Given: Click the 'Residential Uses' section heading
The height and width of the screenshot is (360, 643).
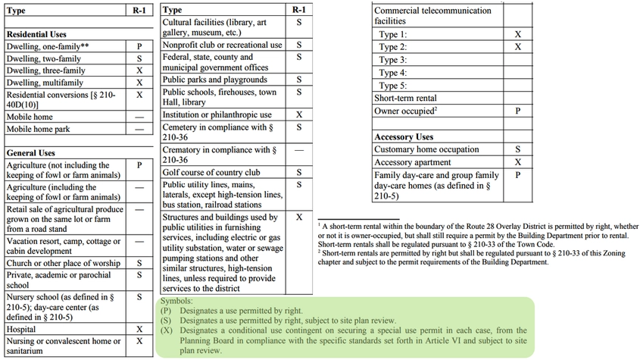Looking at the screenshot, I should tap(36, 35).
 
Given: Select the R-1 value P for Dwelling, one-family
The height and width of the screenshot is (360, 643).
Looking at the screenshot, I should tap(139, 47).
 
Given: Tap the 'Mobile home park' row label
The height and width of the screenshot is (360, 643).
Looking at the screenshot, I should tap(38, 130).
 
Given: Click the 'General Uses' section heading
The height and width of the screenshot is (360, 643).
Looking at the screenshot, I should tap(31, 153).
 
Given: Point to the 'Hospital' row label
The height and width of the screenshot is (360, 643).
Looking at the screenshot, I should tap(21, 330).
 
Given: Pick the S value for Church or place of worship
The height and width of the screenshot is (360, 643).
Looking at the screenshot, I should tap(139, 263).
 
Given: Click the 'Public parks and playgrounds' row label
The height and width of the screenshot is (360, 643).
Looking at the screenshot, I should tap(214, 80).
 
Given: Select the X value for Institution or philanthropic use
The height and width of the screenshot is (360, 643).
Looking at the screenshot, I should tap(299, 114).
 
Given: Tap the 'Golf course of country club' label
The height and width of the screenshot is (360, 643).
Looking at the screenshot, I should tap(212, 173).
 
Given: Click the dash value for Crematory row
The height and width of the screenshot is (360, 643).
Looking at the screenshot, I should tap(299, 149).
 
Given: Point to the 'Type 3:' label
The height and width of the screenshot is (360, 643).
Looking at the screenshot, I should tap(392, 60).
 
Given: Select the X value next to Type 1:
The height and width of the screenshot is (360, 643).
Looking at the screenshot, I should tap(517, 35).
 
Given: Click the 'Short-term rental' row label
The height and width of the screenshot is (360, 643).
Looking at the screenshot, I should tap(405, 99).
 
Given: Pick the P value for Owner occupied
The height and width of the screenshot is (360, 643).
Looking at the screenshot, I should tap(517, 111).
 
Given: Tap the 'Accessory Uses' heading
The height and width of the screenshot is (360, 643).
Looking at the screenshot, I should tap(404, 137).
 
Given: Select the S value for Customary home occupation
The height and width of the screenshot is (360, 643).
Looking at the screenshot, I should tap(517, 149).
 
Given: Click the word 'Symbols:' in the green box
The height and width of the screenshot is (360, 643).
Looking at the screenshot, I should tap(176, 301).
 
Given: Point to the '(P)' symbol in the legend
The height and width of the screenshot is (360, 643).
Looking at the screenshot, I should tap(166, 311).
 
